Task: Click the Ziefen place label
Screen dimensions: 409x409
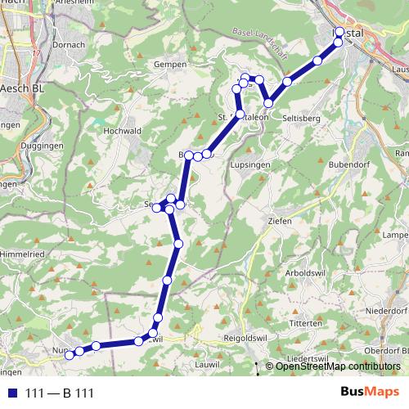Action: pyautogui.click(x=279, y=221)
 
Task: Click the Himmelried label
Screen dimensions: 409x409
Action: pyautogui.click(x=23, y=256)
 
